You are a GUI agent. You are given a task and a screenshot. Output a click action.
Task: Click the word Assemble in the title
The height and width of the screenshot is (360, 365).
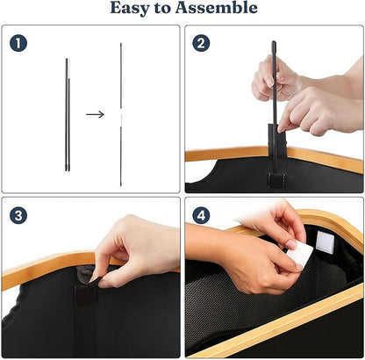click(217, 7)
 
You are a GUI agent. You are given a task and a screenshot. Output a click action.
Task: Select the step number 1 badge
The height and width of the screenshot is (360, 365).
click(18, 44)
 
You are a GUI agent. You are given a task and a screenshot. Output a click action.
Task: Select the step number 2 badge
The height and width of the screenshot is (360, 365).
click(201, 44)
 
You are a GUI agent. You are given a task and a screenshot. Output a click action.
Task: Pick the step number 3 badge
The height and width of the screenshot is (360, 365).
click(18, 216)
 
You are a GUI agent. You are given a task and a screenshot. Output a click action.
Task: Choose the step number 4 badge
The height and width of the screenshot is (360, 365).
click(201, 216)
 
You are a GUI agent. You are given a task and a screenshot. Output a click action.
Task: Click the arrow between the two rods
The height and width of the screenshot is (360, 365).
click(95, 114)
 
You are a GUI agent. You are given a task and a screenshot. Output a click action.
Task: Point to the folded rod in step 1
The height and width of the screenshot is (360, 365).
click(68, 114)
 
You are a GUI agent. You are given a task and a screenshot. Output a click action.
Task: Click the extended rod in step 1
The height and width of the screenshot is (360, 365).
click(121, 114)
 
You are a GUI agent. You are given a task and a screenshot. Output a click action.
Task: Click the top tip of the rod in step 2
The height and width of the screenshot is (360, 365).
click(274, 42)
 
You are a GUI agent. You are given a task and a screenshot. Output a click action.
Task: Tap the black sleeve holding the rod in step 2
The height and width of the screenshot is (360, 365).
click(276, 139)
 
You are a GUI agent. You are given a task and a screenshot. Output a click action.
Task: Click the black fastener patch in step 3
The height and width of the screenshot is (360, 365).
click(85, 295)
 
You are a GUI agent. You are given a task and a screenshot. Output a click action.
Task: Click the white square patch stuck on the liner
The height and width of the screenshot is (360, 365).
click(326, 241)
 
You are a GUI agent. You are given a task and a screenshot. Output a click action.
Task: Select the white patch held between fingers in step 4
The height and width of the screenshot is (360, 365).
click(300, 255)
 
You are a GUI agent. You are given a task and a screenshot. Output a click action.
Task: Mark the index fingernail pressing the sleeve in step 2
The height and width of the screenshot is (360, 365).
click(282, 128)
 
